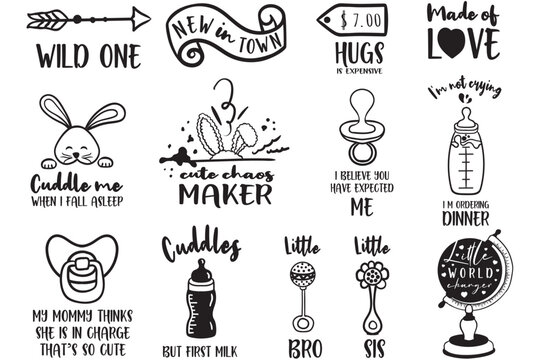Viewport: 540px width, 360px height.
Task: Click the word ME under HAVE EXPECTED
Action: click(361, 208)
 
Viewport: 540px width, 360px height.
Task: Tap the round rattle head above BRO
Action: click(301, 273)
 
